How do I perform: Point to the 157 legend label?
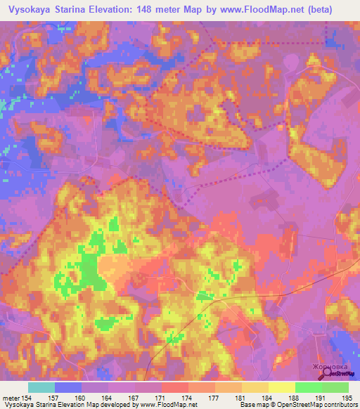(x=53, y=398)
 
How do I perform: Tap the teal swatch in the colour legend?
(x=41, y=387)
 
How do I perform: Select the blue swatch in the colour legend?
(x=68, y=387)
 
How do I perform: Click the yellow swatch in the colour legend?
(x=282, y=387)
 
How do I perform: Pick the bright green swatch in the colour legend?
(x=309, y=387)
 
